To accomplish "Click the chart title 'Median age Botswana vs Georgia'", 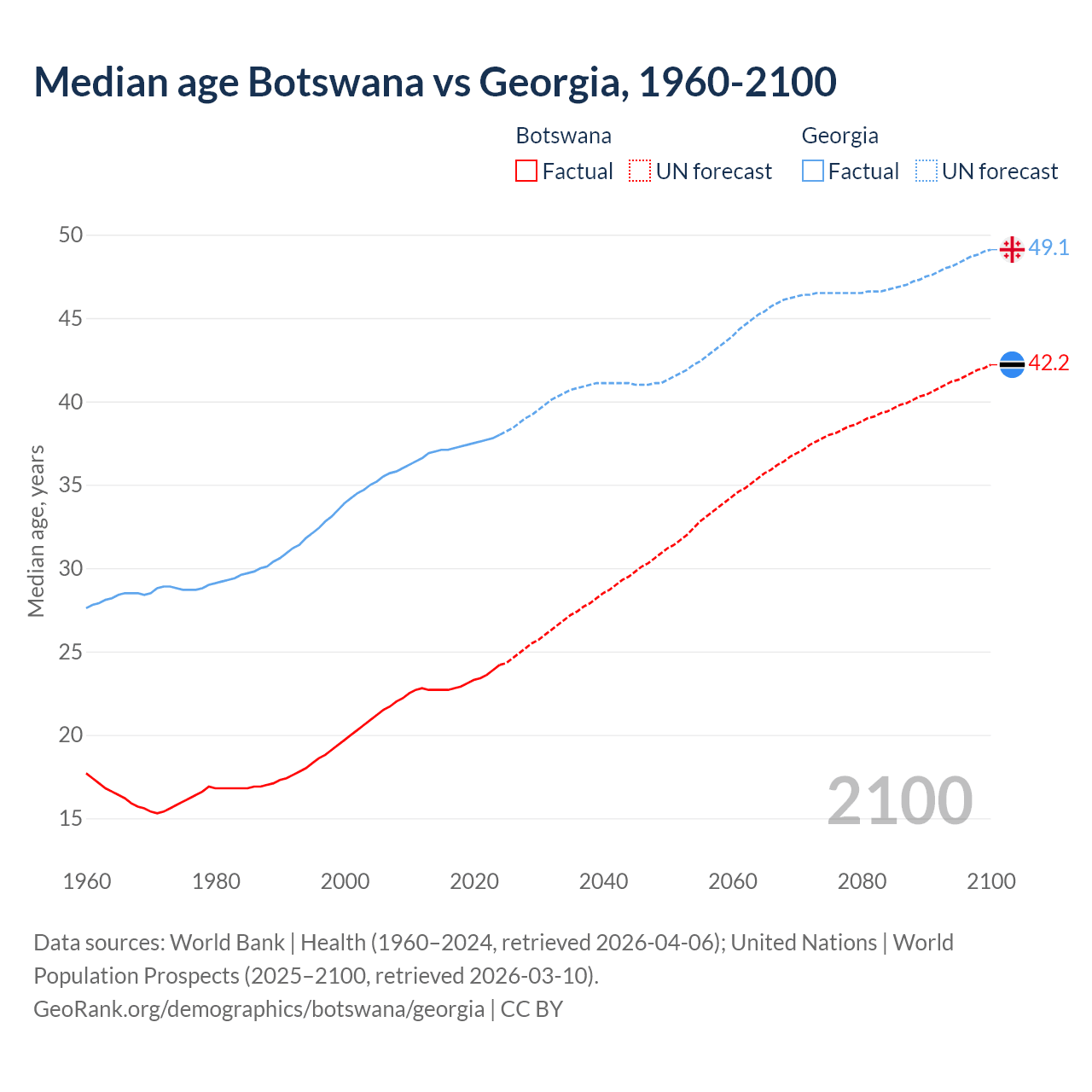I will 435,82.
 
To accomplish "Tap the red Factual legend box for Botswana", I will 526,171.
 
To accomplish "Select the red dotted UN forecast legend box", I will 640,171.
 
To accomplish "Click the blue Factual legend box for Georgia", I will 813,171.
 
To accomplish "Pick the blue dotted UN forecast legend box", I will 926,171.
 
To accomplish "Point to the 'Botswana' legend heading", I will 563,136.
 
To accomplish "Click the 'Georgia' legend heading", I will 839,136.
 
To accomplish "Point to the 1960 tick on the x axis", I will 87,881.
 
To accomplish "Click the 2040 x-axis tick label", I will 603,881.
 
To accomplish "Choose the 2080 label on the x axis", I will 862,881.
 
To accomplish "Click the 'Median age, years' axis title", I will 36,531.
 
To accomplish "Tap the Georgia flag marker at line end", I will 1012,249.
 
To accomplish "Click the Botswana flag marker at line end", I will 1012,364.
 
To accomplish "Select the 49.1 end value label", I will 1048,247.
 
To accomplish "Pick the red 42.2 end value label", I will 1048,363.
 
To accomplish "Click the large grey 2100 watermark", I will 900,800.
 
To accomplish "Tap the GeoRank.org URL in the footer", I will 258,1008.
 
